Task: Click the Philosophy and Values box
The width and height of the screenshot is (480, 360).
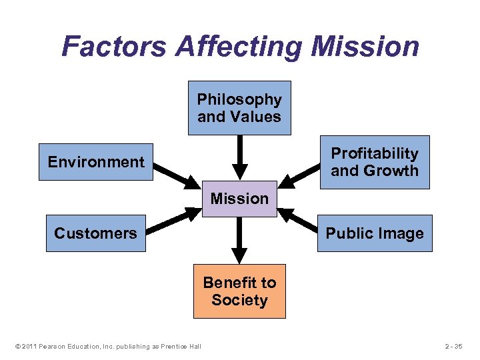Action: (239, 108)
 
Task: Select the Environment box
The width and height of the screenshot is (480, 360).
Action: (96, 162)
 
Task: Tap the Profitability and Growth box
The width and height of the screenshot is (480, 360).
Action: (375, 162)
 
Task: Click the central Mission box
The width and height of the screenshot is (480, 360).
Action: (239, 199)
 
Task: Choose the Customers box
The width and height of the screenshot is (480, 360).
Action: (95, 233)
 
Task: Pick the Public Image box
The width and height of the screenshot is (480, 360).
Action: (375, 233)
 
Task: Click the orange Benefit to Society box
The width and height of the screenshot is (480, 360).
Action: (239, 291)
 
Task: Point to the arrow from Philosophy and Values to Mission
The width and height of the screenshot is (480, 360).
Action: (239, 157)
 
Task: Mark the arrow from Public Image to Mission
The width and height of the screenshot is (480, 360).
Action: (299, 221)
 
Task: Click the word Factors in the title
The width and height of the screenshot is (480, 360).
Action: (113, 47)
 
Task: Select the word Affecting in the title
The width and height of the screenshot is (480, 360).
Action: (239, 47)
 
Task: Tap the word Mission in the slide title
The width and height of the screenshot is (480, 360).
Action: (365, 47)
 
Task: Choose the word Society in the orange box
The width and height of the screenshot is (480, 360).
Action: (239, 300)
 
